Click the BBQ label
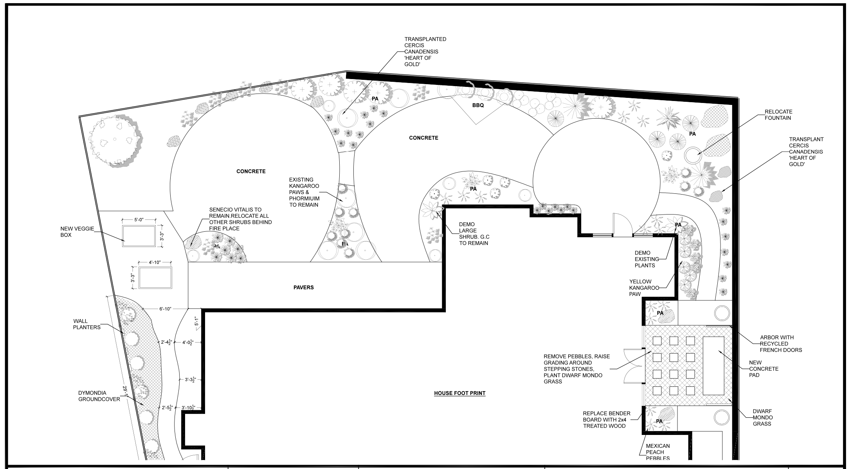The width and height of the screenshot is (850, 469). tap(478, 105)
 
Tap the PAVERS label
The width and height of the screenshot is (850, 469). tap(304, 287)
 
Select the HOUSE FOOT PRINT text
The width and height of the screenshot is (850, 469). tap(459, 393)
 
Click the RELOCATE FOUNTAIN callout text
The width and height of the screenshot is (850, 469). tap(778, 115)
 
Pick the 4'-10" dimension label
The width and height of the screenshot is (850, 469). tap(155, 262)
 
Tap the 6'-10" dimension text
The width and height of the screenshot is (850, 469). tap(166, 309)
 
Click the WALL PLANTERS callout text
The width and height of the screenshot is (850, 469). tap(87, 324)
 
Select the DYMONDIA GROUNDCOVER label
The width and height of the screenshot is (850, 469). tap(99, 396)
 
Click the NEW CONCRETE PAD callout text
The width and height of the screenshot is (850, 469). tap(764, 369)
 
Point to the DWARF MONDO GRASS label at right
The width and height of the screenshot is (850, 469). tap(762, 417)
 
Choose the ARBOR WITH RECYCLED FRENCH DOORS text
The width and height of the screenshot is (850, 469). tap(781, 344)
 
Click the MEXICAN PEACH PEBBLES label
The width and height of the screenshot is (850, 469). tap(657, 452)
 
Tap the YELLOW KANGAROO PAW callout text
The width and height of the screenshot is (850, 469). tap(640, 288)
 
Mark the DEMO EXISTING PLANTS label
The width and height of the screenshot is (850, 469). tap(644, 259)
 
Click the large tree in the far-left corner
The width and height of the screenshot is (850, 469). tap(114, 141)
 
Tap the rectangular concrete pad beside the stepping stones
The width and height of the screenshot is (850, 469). tap(713, 366)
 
